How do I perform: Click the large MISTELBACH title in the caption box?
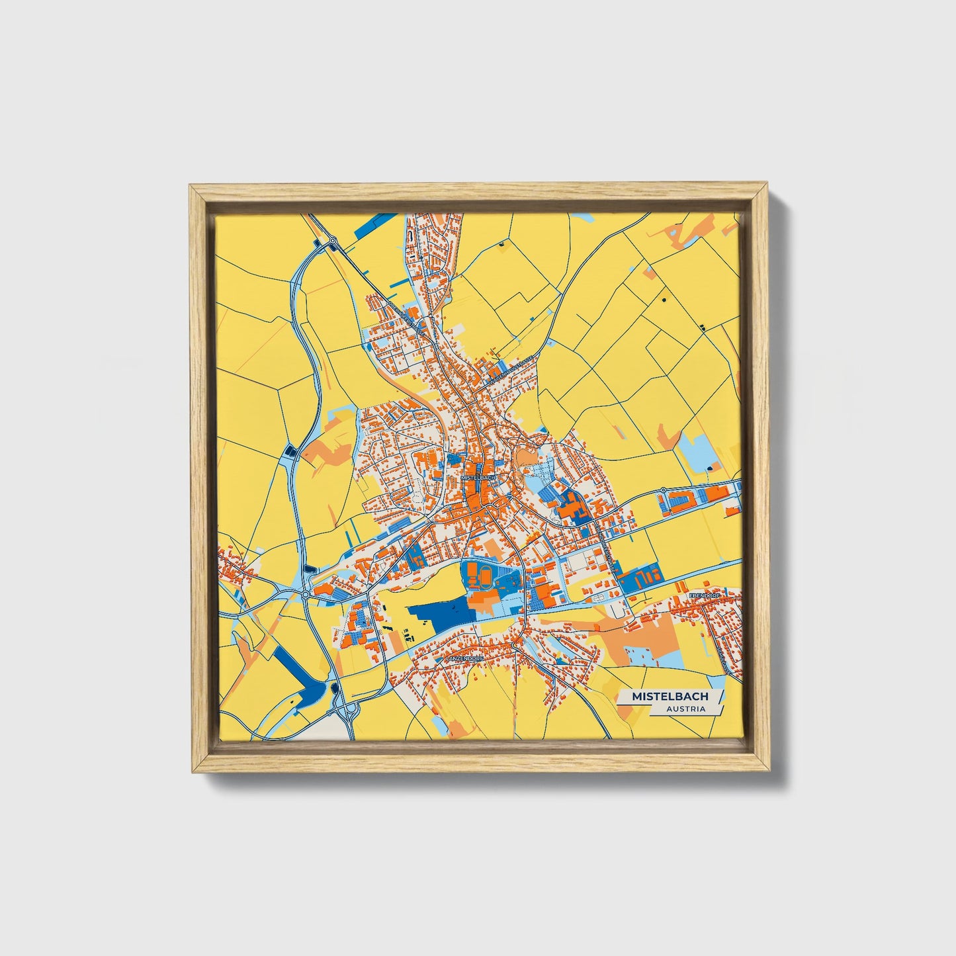670,696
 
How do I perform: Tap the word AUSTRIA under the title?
685,709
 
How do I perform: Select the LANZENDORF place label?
465,659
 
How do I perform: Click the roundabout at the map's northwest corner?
333,241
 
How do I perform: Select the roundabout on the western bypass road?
306,595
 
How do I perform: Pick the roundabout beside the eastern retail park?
662,490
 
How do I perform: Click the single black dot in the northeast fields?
662,300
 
